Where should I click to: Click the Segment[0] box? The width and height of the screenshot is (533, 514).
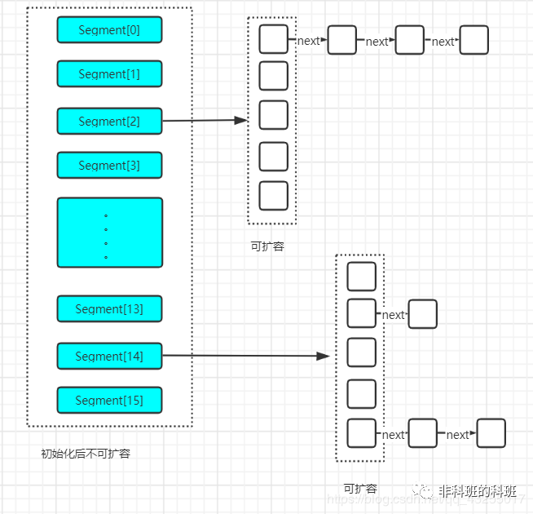click(x=109, y=30)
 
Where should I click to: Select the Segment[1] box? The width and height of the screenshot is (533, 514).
click(x=109, y=74)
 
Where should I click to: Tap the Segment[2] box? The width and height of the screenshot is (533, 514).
click(x=109, y=122)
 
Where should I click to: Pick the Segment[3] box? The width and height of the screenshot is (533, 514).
click(x=109, y=166)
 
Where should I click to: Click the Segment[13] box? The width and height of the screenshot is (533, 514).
click(x=109, y=309)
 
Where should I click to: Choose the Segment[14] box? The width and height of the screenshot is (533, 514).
click(x=109, y=357)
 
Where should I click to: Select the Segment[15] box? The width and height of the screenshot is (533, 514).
click(x=109, y=401)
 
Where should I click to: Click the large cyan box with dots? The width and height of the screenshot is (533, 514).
click(x=109, y=233)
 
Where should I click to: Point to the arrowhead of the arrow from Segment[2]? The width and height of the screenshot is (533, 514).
click(x=240, y=120)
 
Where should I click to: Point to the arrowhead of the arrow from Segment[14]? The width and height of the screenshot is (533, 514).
click(x=324, y=356)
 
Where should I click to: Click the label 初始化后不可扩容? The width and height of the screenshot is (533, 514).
click(x=86, y=454)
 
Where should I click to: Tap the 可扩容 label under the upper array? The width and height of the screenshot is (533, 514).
click(x=267, y=246)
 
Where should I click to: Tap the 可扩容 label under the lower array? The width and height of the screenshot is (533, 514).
click(x=359, y=489)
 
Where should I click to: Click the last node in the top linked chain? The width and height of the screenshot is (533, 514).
click(x=474, y=40)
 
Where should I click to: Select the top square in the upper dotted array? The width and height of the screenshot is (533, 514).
click(x=273, y=39)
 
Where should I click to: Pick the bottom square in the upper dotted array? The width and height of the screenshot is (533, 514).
click(x=273, y=196)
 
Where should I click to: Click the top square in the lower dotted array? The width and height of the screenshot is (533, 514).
click(x=361, y=277)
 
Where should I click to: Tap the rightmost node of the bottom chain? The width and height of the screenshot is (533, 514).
click(x=491, y=433)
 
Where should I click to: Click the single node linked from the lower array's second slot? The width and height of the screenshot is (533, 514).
click(x=422, y=314)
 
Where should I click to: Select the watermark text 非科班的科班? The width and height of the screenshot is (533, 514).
click(x=477, y=491)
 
